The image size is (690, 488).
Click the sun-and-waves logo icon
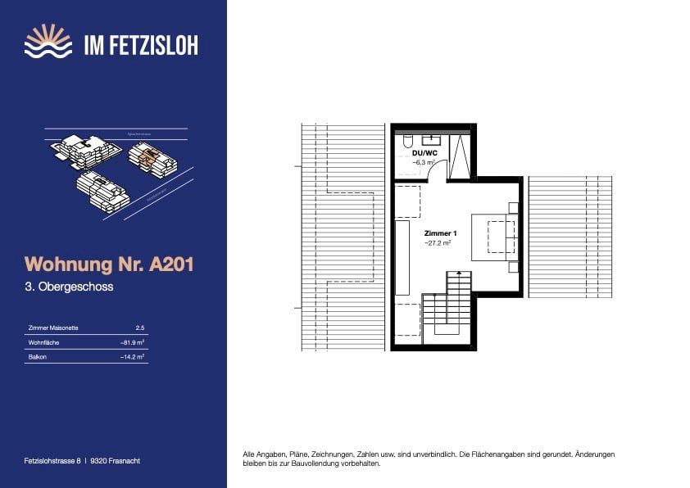(48, 42)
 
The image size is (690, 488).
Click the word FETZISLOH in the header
(152, 43)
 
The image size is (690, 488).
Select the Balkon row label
(38, 357)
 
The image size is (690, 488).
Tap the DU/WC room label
(424, 153)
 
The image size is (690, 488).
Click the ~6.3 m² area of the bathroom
(423, 163)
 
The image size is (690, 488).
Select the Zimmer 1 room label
(441, 234)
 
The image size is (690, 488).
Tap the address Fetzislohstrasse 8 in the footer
(53, 461)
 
